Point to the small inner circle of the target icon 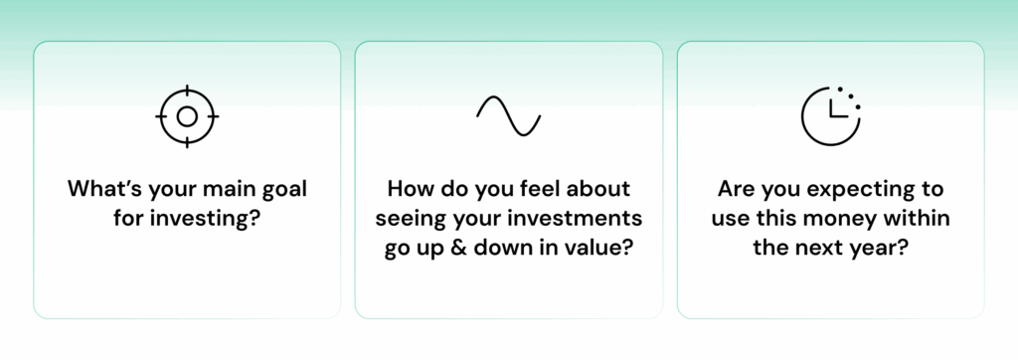click(x=187, y=116)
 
